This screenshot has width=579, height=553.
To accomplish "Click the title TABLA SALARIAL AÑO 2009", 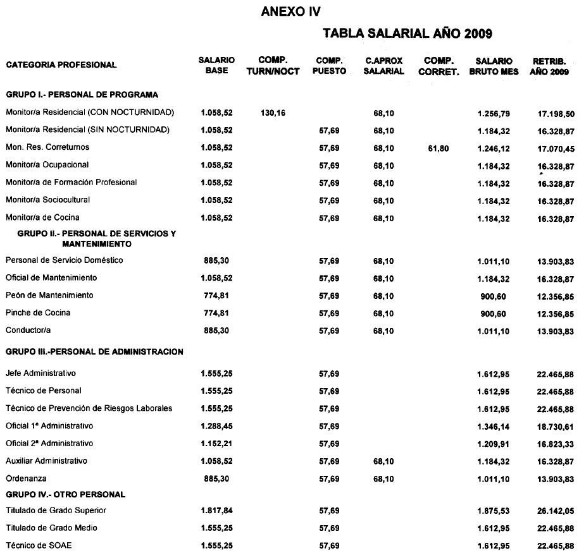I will click(x=408, y=33).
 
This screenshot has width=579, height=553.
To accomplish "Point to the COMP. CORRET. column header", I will click(x=437, y=66).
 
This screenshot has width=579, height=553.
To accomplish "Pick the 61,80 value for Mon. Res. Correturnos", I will click(x=438, y=148).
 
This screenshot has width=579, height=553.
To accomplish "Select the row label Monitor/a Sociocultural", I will click(x=47, y=200).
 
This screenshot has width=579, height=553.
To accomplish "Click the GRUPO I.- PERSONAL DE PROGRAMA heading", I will click(x=82, y=95).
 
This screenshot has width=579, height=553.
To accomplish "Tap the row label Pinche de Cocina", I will click(x=38, y=313).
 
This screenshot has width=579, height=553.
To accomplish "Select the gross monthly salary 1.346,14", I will click(x=494, y=426).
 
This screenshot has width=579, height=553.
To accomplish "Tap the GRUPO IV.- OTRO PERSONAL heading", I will click(x=66, y=494).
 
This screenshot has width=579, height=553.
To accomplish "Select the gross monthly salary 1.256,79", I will click(x=494, y=113).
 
